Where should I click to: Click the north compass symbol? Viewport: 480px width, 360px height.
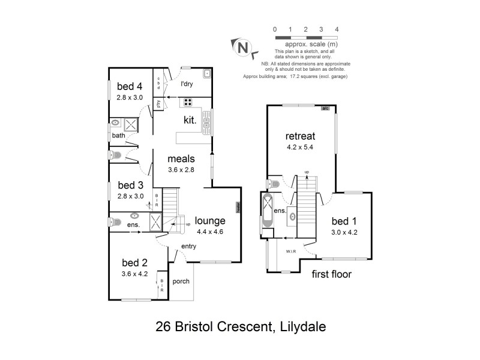[x=241, y=46]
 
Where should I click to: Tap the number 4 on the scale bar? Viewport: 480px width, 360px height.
[x=337, y=29]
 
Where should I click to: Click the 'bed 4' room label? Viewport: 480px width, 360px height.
[x=129, y=85]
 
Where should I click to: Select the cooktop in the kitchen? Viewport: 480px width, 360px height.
[x=188, y=101]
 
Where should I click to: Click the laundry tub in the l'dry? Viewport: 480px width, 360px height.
[x=206, y=74]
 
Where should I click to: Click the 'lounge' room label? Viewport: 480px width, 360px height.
[x=209, y=220]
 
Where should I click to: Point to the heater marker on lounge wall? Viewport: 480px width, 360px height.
[x=238, y=207]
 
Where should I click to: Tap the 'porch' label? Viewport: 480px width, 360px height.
[x=181, y=281]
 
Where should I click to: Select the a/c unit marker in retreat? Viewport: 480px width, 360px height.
[x=325, y=109]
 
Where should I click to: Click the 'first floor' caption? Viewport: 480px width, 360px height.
[x=331, y=275]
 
